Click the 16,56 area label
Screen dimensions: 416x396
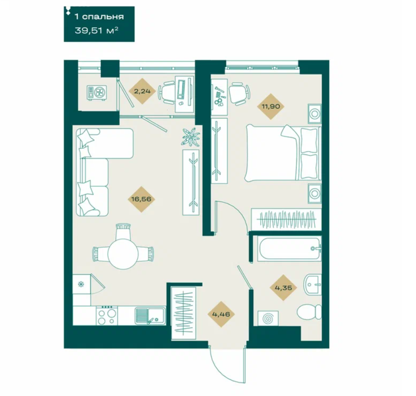coord(141,199)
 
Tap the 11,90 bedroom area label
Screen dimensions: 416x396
coord(270,106)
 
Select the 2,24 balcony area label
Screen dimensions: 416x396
coord(142,91)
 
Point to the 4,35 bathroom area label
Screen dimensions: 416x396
coord(283,287)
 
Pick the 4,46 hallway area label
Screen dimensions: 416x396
coord(221,314)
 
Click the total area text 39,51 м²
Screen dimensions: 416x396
coord(97,31)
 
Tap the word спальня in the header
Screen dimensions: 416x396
coord(103,17)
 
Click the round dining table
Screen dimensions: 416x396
coord(123,253)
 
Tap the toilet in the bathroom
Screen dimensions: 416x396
coord(309,312)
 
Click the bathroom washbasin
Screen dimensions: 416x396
coord(312,285)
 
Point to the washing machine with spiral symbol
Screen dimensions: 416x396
coord(268,318)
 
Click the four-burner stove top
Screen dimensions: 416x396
coord(107,316)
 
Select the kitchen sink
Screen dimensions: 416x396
coord(150,316)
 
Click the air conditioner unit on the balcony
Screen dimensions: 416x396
coord(97,93)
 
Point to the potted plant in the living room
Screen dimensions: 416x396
coord(191,136)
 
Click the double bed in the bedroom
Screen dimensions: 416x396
coord(283,153)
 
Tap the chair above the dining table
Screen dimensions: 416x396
coord(124,231)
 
